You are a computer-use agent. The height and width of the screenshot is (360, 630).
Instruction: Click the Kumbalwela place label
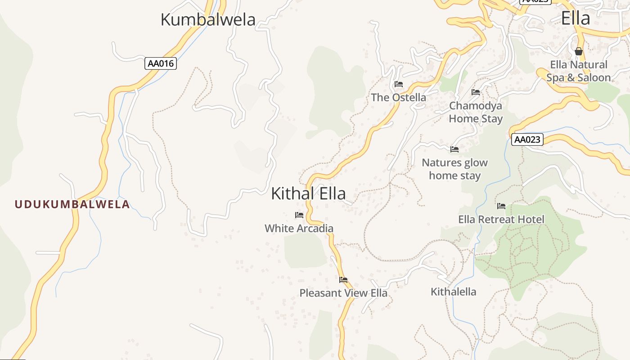coord(208,20)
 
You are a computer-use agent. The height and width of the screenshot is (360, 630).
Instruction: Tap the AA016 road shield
coord(161,63)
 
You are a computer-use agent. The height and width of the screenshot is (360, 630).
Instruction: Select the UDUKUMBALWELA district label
coord(72,204)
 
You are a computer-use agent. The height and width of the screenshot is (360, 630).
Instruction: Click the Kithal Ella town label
coord(308,193)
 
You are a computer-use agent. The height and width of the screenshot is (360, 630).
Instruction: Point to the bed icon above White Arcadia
coord(299,215)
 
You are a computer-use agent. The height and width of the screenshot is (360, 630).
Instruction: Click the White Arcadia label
coord(299,228)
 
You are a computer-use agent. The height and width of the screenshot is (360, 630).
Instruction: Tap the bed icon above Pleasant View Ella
coord(343,280)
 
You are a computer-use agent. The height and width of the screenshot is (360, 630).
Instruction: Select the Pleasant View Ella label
coord(343,293)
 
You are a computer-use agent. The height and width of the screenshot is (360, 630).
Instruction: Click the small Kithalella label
coord(453,292)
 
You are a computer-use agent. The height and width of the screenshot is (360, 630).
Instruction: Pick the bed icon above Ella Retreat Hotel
coord(501,207)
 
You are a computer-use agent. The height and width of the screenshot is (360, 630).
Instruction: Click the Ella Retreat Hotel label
coord(501,220)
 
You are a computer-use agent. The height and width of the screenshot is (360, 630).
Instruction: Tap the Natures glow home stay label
coord(454,169)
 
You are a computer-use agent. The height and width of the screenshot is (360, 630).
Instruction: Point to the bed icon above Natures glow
coord(454,149)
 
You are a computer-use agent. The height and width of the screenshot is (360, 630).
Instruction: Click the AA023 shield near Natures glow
coord(527,139)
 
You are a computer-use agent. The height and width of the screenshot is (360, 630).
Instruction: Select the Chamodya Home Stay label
coord(476,112)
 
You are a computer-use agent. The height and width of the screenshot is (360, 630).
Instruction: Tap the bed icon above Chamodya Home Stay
coord(476,92)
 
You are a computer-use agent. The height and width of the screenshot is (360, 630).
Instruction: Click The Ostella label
coord(398,97)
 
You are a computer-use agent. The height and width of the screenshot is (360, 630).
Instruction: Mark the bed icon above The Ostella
coord(398,84)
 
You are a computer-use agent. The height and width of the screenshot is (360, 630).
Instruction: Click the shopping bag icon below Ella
coord(579,51)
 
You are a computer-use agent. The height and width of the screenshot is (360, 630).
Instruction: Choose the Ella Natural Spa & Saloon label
coord(579,71)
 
